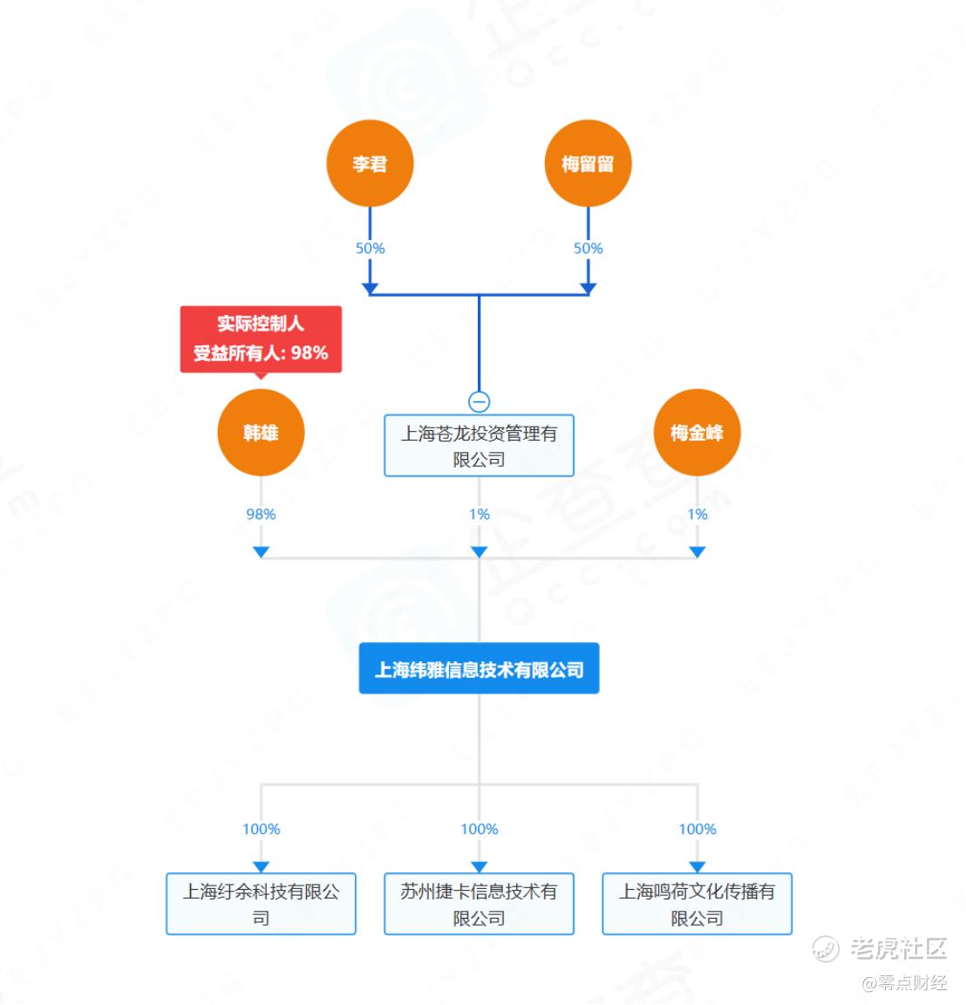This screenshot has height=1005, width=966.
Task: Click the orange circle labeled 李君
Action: [x=370, y=164]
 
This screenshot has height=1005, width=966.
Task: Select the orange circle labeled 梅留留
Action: [x=588, y=164]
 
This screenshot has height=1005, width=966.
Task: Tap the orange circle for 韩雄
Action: [x=261, y=433]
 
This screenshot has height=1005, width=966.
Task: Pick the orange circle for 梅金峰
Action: [x=697, y=433]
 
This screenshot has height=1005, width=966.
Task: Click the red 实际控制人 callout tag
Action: [x=261, y=338]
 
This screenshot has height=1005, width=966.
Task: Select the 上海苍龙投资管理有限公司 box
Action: [x=479, y=446]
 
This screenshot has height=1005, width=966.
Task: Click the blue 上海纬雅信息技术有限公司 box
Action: [x=479, y=669]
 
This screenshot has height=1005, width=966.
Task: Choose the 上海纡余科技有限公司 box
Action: [x=261, y=904]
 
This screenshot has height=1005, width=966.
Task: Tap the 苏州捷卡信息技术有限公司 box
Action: [x=479, y=904]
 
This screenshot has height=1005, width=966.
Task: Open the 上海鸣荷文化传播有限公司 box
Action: [x=697, y=904]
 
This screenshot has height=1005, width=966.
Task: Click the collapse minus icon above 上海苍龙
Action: [x=479, y=401]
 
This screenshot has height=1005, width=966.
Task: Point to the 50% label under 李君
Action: [x=370, y=249]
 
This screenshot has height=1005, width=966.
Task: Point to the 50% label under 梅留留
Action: [x=588, y=249]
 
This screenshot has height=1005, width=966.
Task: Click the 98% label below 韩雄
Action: [x=261, y=515]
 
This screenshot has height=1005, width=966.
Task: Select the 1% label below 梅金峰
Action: [x=697, y=515]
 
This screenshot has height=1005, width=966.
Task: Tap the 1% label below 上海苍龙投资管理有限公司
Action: [x=479, y=515]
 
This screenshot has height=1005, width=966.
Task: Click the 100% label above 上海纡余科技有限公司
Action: [x=261, y=830]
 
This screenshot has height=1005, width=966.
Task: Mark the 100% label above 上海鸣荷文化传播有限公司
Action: [x=697, y=830]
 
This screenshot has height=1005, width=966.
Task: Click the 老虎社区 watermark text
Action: [x=897, y=948]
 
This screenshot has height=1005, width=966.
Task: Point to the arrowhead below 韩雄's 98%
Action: [x=261, y=551]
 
